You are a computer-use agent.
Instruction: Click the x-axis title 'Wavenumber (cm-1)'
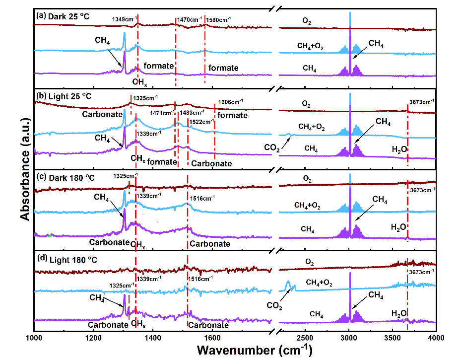click(255, 350)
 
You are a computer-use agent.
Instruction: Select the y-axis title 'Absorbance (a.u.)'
click(25, 169)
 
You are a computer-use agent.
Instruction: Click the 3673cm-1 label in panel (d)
click(421, 272)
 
